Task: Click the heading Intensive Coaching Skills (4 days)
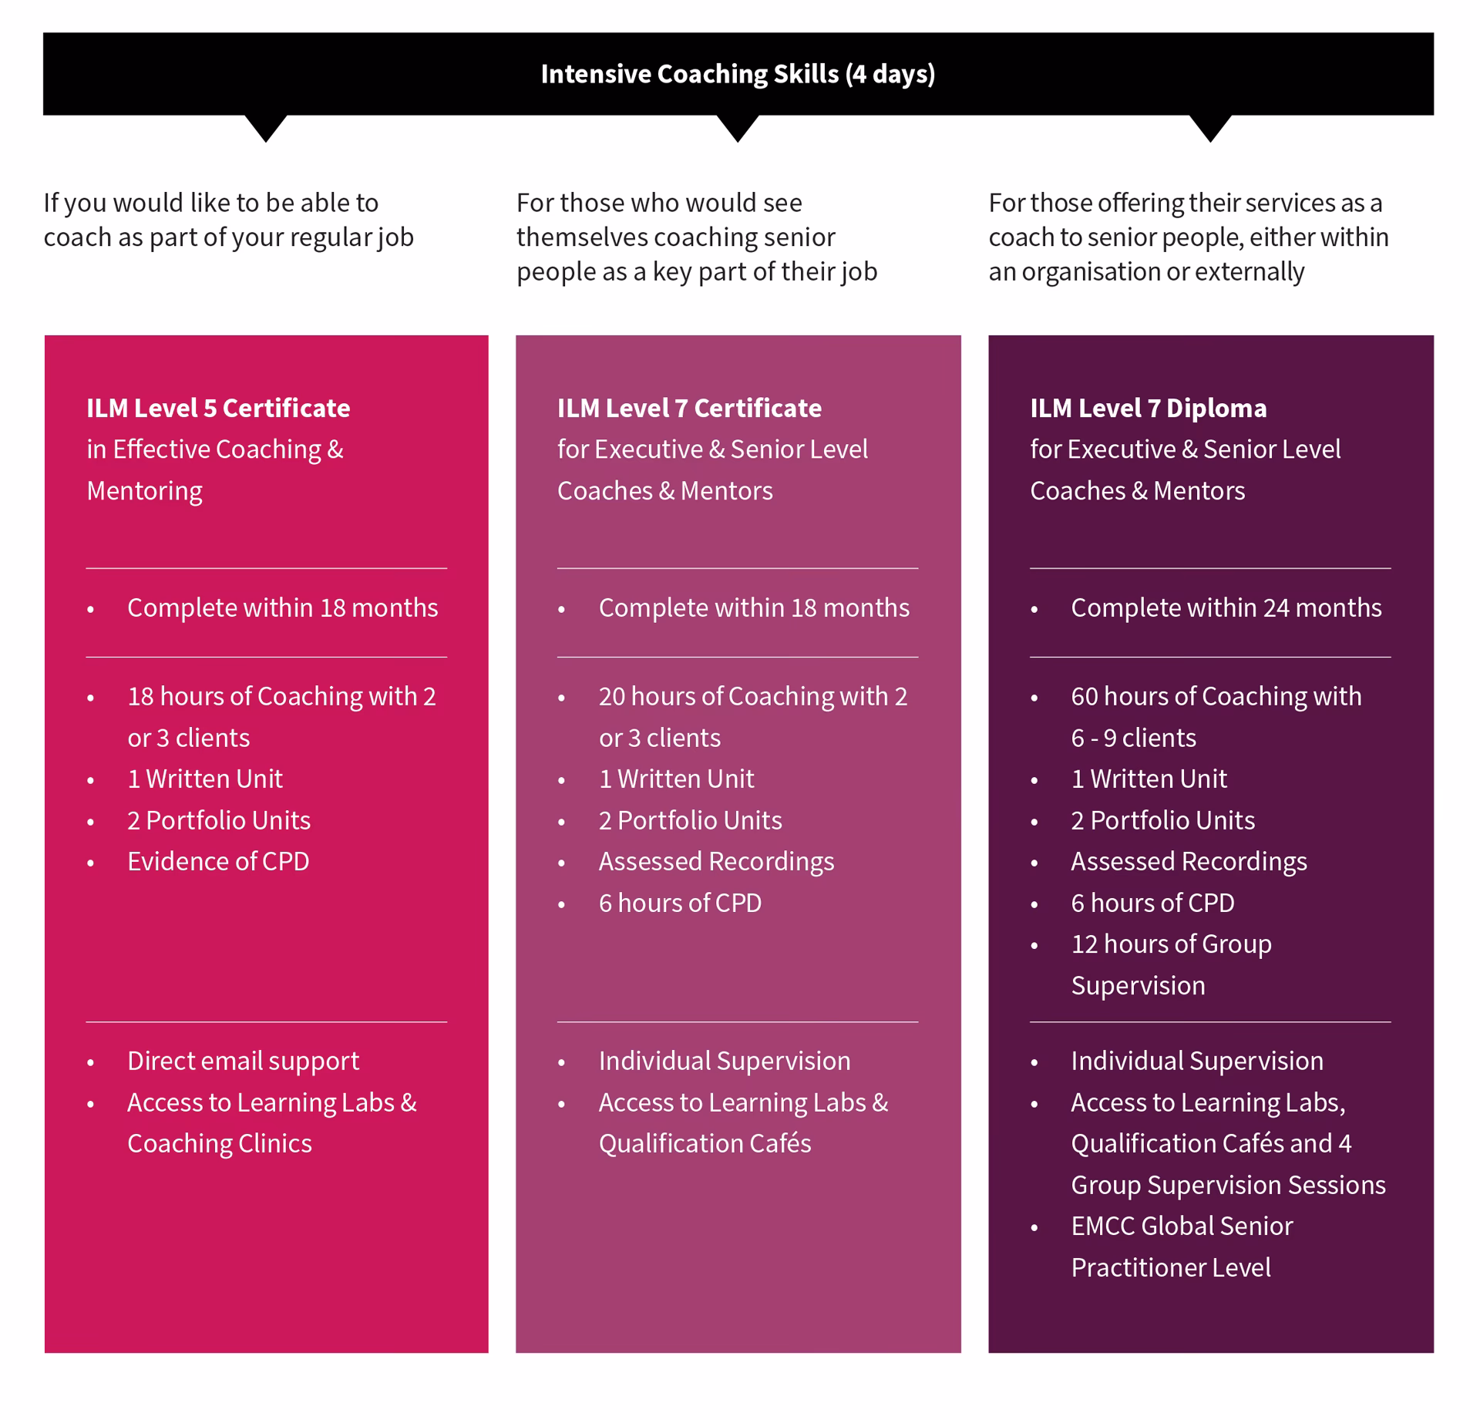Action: (x=738, y=74)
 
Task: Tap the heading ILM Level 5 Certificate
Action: (x=218, y=408)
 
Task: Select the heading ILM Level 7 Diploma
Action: (x=1148, y=408)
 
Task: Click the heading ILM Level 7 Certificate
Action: (x=689, y=408)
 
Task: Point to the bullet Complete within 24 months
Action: (x=1226, y=607)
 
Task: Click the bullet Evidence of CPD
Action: (x=218, y=861)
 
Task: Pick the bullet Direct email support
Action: (x=243, y=1061)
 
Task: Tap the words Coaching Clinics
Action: (x=220, y=1143)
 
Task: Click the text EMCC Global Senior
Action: (x=1182, y=1226)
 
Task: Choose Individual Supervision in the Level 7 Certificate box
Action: (x=725, y=1061)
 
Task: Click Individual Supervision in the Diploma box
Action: (x=1197, y=1061)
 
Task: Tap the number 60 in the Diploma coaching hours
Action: (x=1084, y=696)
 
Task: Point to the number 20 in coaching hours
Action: (x=612, y=696)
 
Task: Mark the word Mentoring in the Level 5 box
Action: (x=144, y=491)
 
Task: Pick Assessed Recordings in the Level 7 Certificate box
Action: (x=716, y=861)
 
